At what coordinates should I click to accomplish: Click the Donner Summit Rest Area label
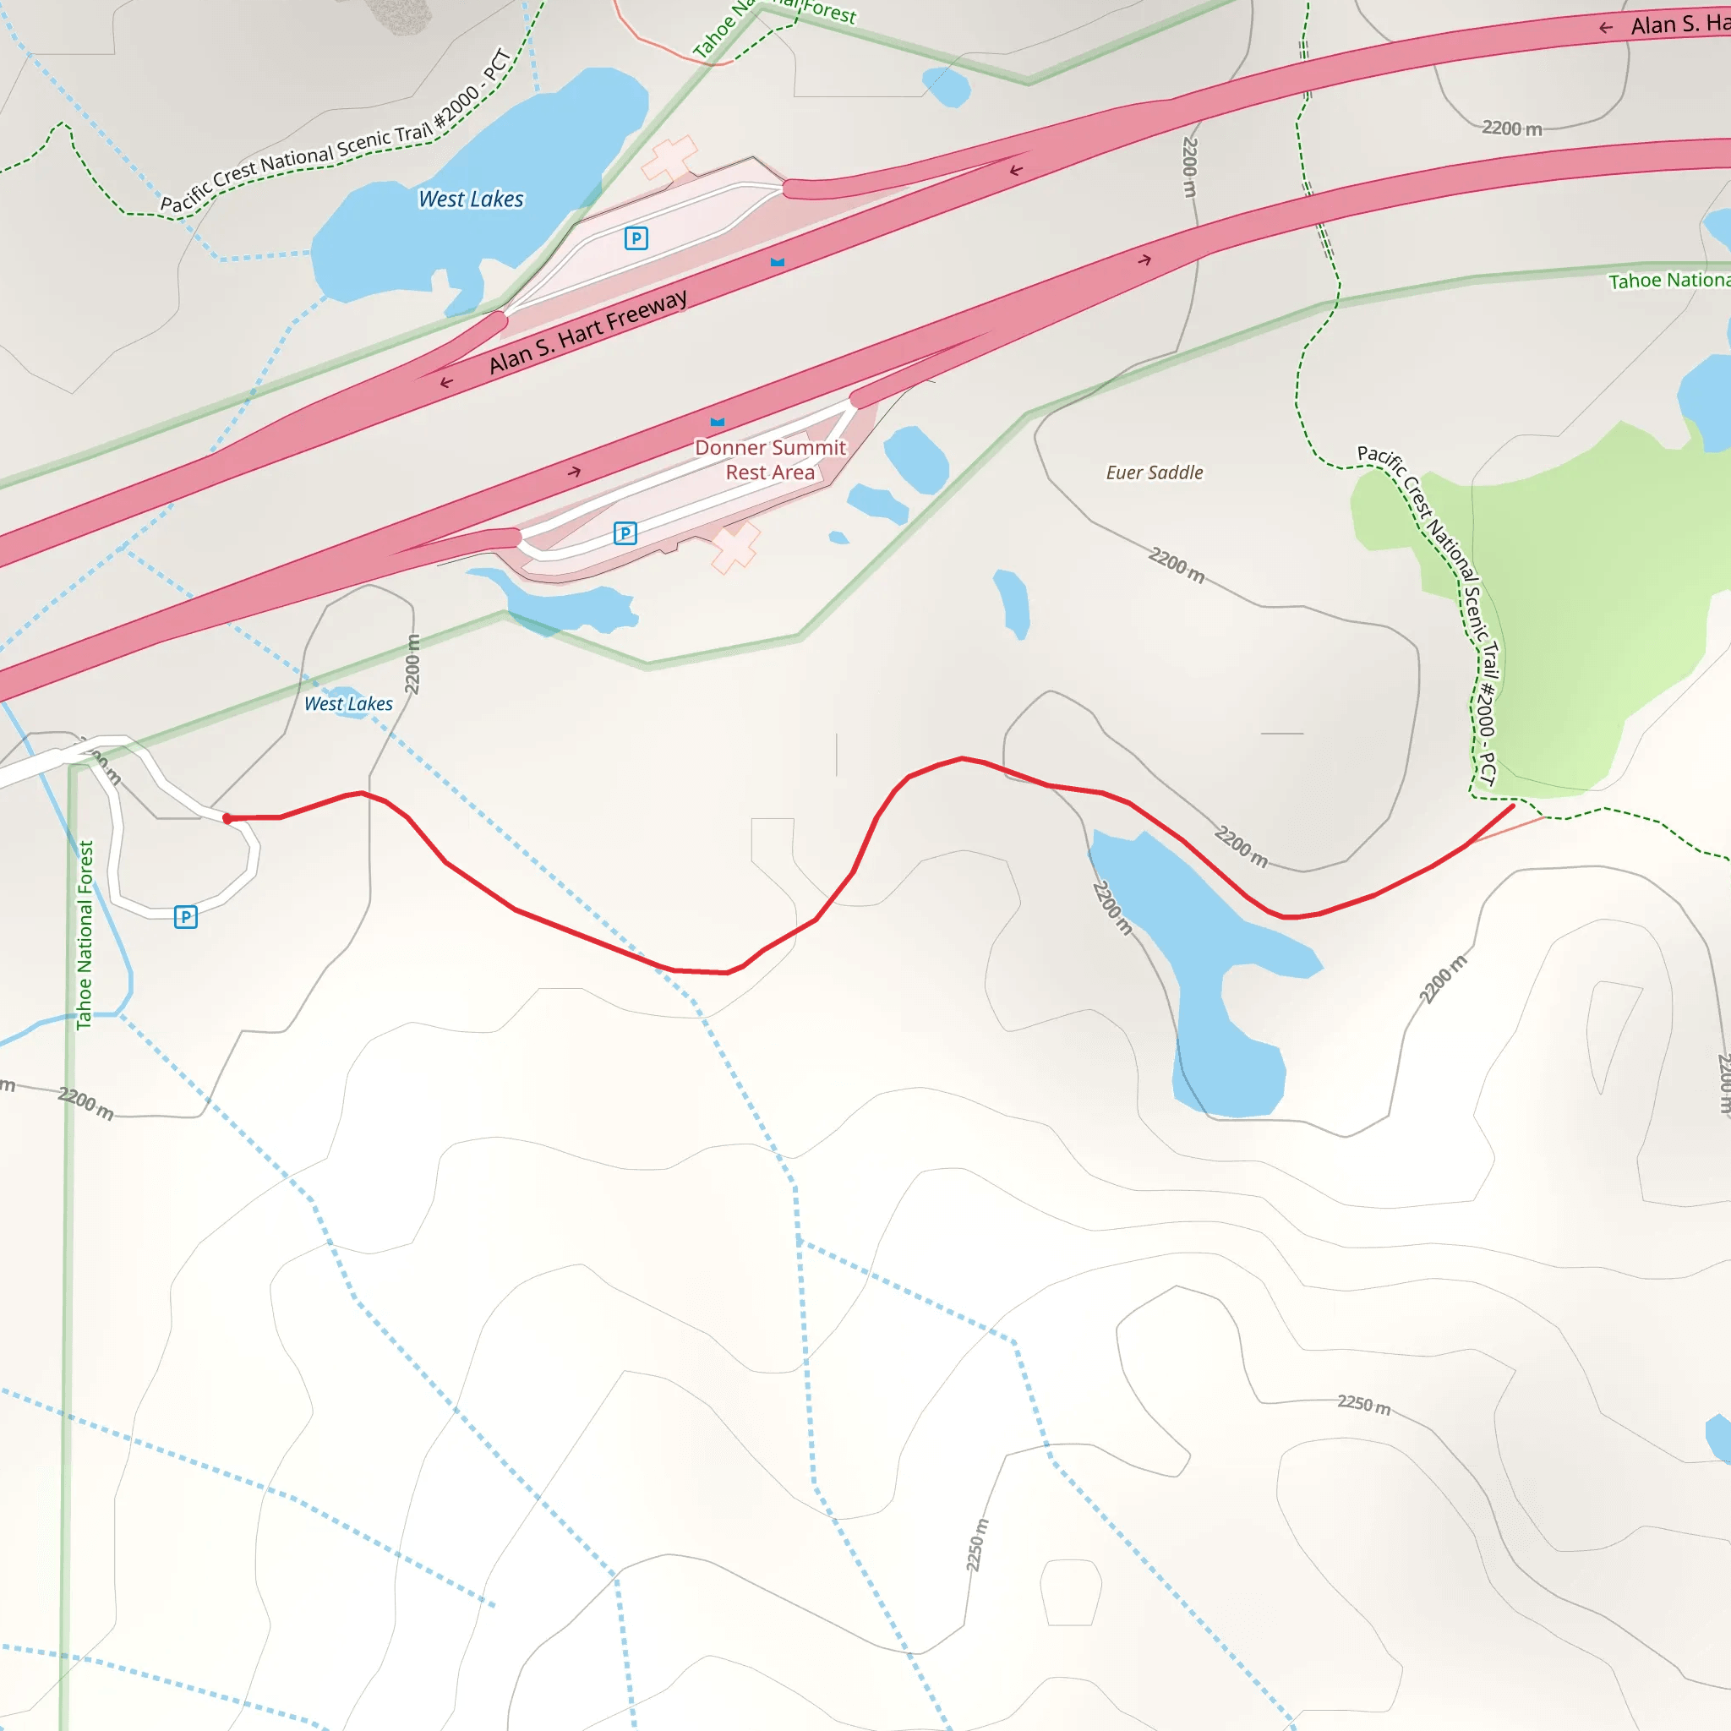coord(770,460)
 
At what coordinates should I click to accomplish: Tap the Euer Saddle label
coord(1154,472)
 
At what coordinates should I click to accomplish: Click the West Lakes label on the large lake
coord(471,199)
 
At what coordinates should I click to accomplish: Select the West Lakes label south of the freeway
coord(347,704)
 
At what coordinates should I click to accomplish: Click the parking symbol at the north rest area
coord(636,238)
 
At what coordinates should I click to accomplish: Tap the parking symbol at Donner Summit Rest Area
coord(625,534)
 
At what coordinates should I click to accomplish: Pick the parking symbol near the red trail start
coord(185,916)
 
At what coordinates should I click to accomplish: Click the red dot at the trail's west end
coord(227,818)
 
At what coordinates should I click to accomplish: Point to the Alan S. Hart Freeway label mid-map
coord(587,330)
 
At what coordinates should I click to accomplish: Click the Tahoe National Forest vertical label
coord(85,935)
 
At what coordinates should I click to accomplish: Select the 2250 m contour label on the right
coord(1363,1404)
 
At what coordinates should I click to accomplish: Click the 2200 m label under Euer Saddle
coord(1177,565)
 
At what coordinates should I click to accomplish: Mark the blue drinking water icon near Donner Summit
coord(717,421)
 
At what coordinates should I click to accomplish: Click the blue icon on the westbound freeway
coord(778,263)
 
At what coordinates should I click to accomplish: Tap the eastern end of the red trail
coord(1512,806)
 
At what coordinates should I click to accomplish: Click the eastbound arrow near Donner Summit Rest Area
coord(574,472)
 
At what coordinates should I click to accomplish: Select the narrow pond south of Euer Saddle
coord(1013,602)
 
